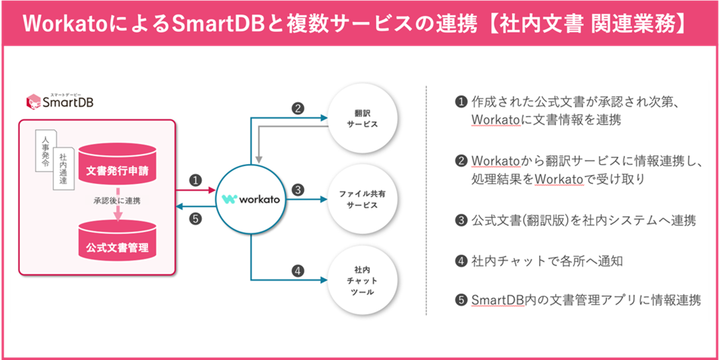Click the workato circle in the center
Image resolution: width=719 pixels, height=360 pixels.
[251, 199]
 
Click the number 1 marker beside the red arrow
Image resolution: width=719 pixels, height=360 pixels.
[195, 180]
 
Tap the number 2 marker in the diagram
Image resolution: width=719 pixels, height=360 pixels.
[298, 108]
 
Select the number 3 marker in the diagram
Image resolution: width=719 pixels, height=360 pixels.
[298, 189]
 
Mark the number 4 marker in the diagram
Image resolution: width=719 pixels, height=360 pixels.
[298, 271]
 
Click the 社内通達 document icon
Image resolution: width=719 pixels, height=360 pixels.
[63, 167]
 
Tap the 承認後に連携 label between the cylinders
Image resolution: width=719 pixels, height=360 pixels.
[117, 201]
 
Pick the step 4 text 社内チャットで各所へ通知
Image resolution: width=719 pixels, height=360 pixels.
[546, 261]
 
